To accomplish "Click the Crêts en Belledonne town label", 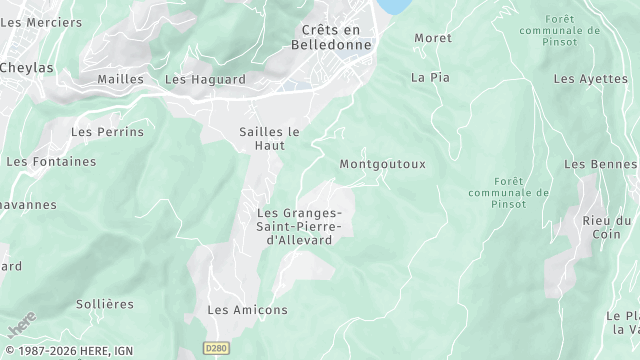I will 330,37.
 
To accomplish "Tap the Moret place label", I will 433,38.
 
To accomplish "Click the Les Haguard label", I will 205,79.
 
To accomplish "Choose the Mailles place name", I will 121,79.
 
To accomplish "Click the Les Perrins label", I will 107,131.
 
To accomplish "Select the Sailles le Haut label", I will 270,138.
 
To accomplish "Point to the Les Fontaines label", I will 51,161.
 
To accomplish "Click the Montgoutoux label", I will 383,163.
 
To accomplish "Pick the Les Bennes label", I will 601,163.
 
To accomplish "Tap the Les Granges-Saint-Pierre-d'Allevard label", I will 300,226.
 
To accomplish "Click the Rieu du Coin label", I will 608,228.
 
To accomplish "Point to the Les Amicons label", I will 247,310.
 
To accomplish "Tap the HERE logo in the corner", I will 19,326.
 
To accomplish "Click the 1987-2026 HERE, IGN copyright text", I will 68,351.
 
